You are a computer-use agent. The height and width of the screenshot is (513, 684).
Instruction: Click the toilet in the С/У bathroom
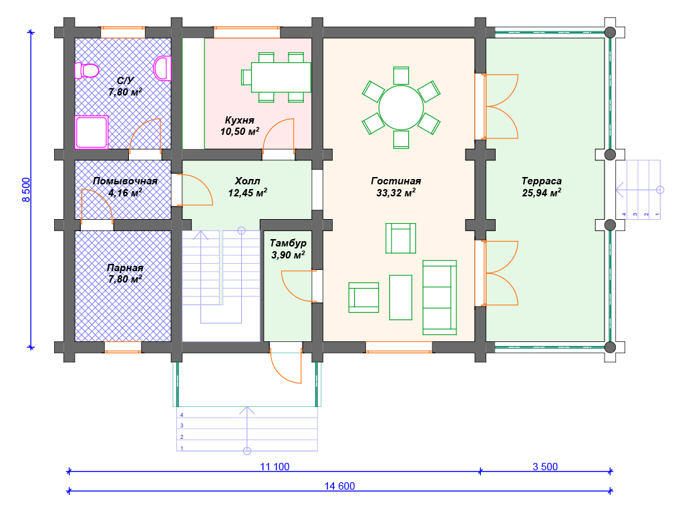tap(87, 70)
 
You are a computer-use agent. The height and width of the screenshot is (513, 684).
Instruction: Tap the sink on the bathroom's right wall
tap(162, 69)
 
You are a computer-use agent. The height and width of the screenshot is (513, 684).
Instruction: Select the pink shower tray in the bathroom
tap(92, 132)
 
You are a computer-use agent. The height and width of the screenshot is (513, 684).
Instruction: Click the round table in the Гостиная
tap(401, 108)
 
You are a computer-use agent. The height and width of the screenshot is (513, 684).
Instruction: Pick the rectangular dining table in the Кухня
tap(281, 77)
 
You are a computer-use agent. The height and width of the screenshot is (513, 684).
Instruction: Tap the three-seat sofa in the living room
tap(440, 297)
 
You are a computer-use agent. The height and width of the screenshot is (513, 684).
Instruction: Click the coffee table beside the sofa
tap(401, 297)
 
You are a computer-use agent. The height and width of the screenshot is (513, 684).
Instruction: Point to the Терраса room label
tap(541, 180)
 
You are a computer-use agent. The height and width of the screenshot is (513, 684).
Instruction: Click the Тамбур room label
tap(288, 243)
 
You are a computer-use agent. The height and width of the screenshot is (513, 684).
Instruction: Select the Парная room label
tap(125, 268)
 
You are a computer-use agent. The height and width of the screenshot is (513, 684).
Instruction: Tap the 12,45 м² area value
tap(247, 192)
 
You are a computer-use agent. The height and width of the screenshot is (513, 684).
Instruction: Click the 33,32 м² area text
tap(395, 192)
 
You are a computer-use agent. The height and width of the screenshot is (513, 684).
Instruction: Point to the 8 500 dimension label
tap(26, 190)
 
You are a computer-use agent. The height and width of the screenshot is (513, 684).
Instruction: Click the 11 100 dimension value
tap(275, 466)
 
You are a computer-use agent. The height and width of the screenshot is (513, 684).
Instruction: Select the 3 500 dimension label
tap(545, 466)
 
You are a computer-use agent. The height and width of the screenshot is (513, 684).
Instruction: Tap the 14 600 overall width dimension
tap(340, 486)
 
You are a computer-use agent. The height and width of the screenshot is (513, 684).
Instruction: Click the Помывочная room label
tap(125, 180)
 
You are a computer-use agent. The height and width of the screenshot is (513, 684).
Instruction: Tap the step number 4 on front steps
tap(182, 415)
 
